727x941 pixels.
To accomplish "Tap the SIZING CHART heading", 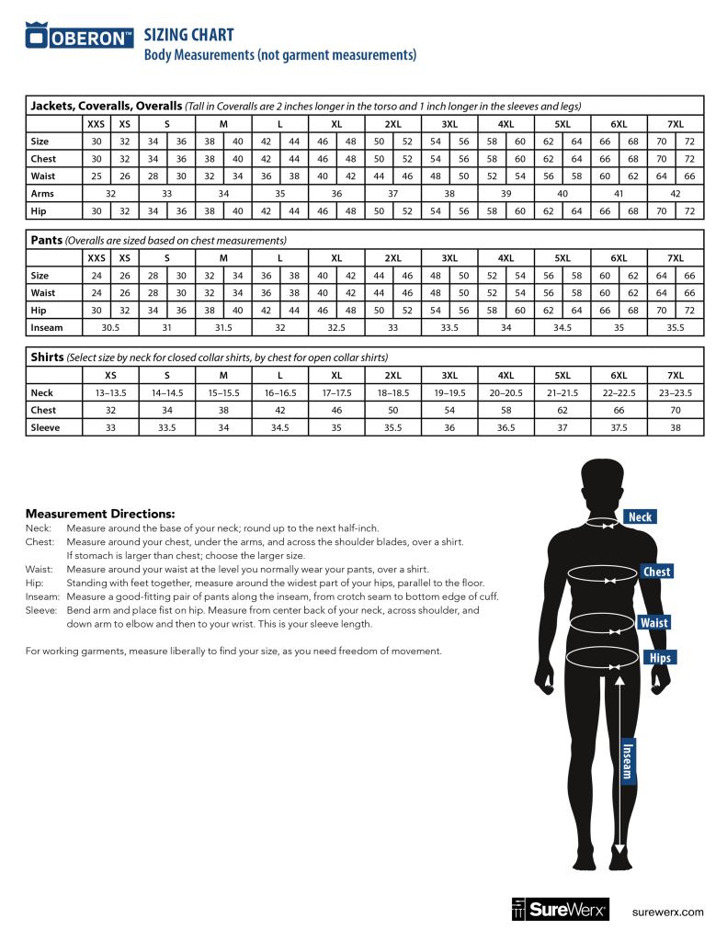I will tap(189, 35).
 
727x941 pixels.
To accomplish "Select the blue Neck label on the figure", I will tap(640, 516).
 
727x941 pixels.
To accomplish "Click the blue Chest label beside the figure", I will tap(656, 572).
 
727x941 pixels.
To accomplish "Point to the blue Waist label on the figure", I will tap(654, 623).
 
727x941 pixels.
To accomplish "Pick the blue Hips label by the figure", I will tap(660, 658).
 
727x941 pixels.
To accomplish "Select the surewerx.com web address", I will tap(668, 912).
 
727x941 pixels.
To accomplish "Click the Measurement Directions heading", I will tap(100, 513).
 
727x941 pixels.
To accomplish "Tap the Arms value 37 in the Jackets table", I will tap(392, 194).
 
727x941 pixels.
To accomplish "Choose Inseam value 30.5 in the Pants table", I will tap(110, 326).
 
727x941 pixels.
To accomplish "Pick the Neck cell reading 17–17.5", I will tap(336, 392).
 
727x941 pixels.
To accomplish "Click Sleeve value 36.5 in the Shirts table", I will tap(505, 427).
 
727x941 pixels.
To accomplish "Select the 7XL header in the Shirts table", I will tap(676, 375).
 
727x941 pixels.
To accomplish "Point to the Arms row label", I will tap(42, 194).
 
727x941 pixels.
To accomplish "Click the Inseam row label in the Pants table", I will tap(47, 326).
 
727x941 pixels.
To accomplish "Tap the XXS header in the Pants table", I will tap(96, 257).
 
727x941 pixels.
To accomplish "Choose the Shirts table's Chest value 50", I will tap(392, 410).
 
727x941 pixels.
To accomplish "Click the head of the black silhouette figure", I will tap(605, 483).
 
